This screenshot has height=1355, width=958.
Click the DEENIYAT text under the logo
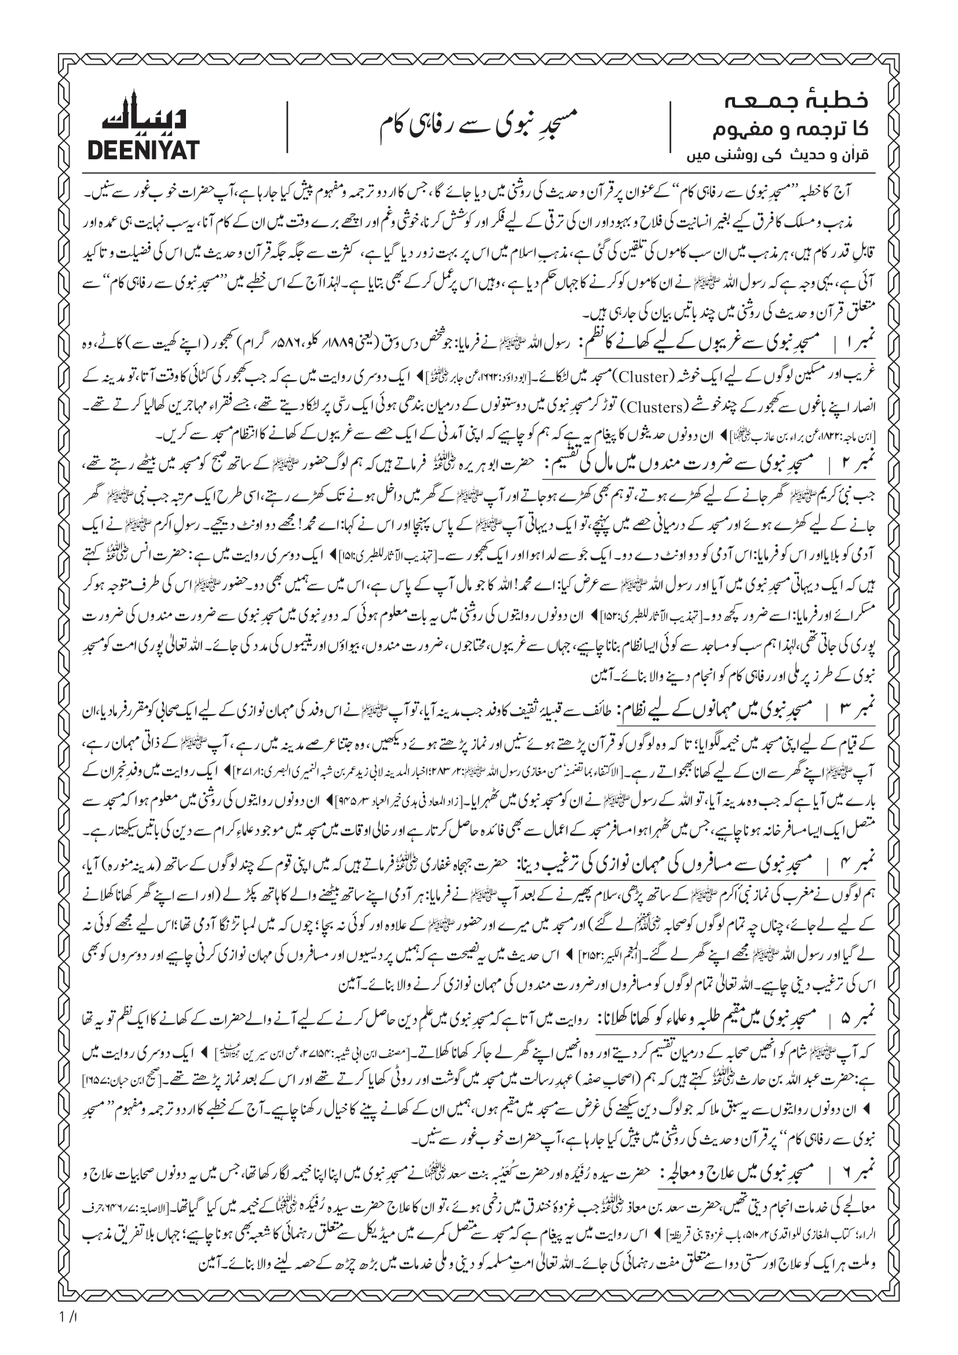click(142, 151)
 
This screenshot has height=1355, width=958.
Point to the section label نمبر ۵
click(855, 1018)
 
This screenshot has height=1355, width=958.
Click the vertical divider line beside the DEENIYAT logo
click(287, 127)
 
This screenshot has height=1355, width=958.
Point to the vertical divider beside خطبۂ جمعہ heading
click(671, 127)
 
